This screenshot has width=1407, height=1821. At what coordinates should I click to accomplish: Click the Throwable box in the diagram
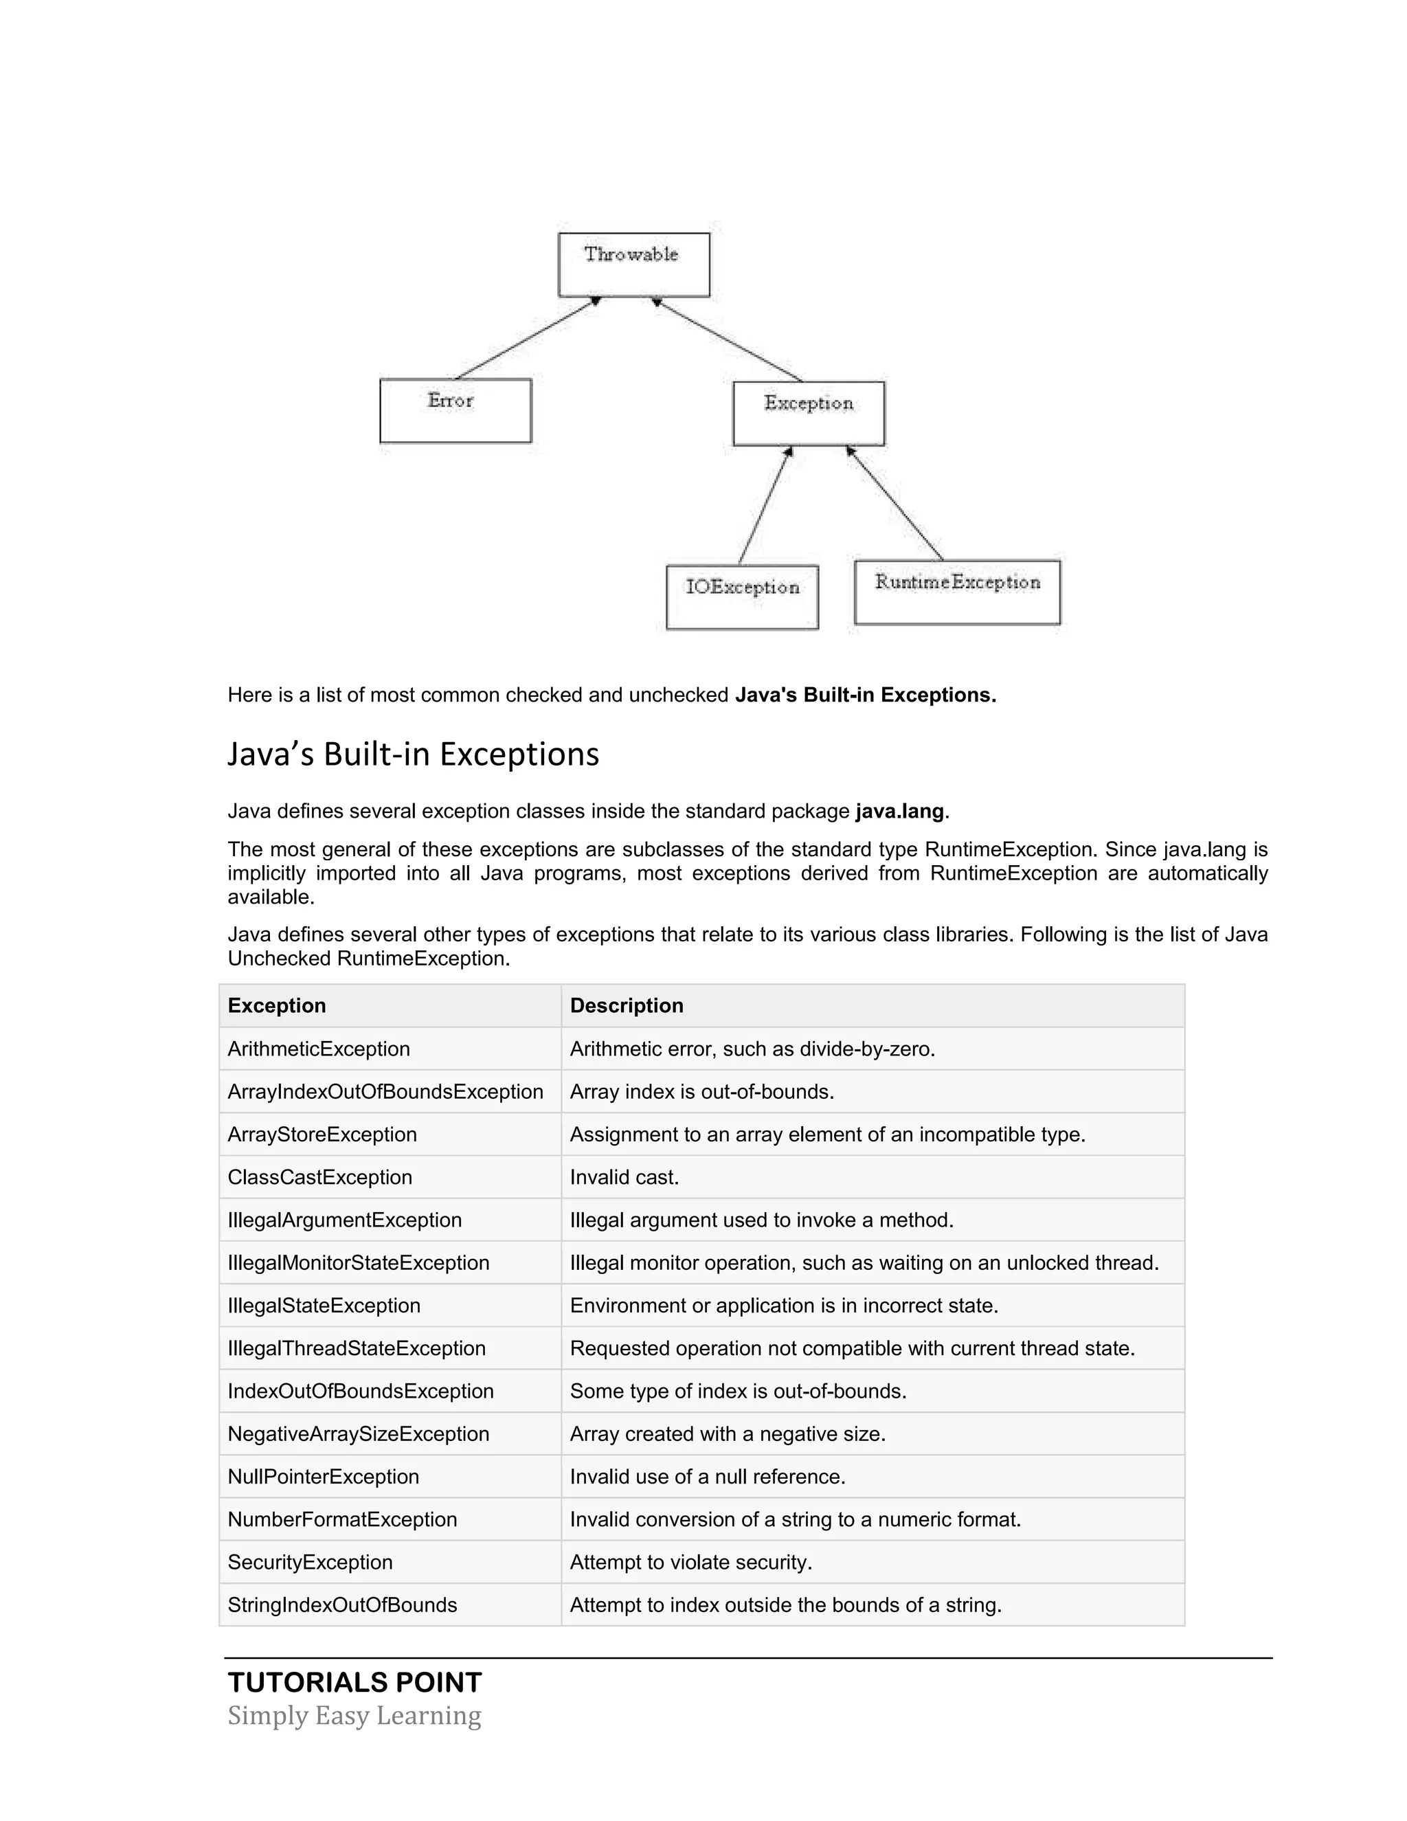tap(633, 265)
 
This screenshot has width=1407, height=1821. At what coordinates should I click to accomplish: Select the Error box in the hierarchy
tap(455, 410)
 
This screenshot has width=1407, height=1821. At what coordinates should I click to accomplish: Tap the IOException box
tap(742, 597)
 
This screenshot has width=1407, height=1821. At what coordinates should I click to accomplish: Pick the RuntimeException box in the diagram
tap(957, 592)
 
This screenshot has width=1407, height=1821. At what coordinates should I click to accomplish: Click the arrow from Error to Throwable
tap(527, 339)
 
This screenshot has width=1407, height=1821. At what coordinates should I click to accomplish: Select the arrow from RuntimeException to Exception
tap(895, 504)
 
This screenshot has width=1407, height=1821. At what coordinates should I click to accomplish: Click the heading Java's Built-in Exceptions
tap(414, 754)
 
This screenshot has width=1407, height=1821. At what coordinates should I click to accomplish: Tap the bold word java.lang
tap(899, 812)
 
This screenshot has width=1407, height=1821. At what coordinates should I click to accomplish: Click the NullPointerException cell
tap(324, 1477)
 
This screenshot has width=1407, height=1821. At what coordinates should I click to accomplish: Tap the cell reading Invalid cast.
tap(624, 1177)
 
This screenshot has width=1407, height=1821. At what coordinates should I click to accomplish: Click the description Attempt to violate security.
tap(690, 1563)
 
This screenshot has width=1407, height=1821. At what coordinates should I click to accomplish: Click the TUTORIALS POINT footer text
tap(354, 1683)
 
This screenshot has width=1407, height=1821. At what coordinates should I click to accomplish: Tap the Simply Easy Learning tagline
tap(354, 1716)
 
